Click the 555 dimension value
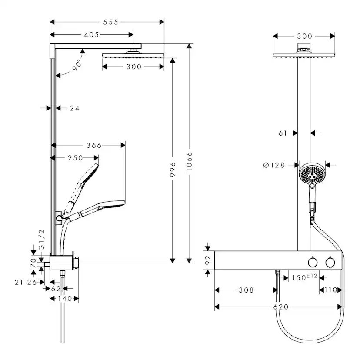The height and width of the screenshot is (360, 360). pos(111,21)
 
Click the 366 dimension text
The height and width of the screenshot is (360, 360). pos(94,145)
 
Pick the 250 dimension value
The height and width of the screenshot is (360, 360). pos(75,158)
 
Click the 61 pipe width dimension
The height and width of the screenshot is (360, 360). pos(283,133)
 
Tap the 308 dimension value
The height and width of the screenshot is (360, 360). pos(247,290)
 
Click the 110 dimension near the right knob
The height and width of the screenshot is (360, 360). pos(330,290)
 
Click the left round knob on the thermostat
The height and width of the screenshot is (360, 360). pos(311,262)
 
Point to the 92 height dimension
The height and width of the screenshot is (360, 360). pos(208,260)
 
